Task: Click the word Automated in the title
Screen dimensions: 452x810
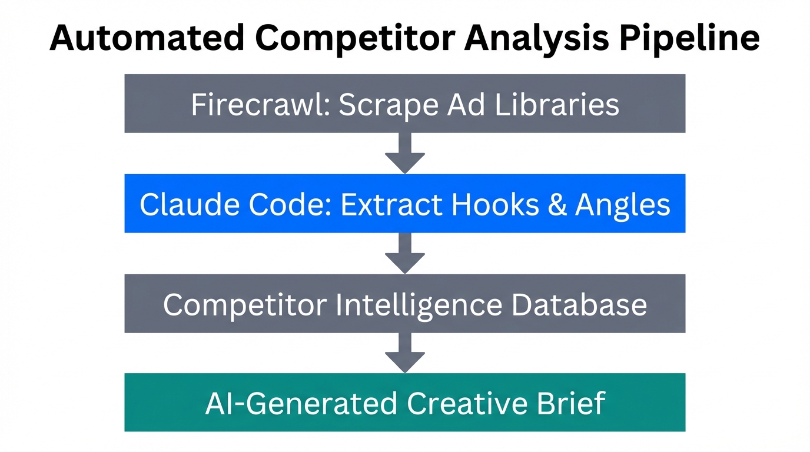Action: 146,38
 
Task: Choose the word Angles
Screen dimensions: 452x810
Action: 623,204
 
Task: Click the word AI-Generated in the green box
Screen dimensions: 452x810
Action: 301,404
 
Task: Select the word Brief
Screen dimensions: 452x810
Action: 575,404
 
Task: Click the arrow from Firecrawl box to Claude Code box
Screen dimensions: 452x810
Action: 405,153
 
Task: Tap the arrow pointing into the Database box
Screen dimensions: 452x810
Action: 405,253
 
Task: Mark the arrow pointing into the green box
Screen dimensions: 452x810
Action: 405,353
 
